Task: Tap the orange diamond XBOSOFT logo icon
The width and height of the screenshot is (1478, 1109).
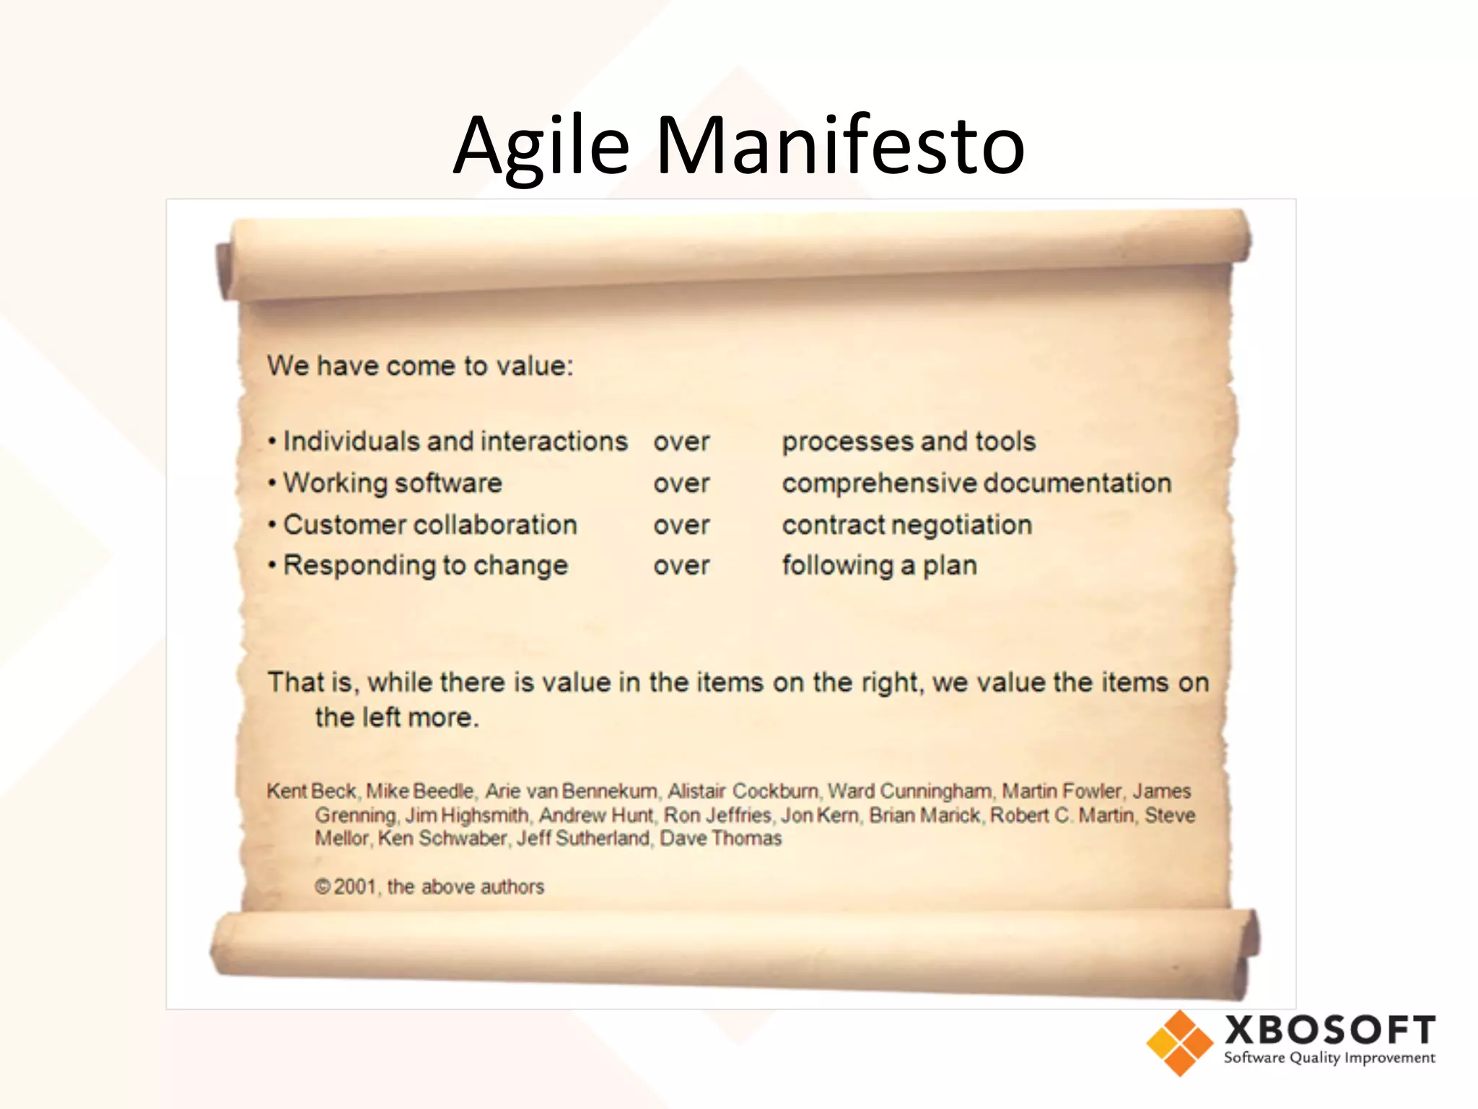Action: (1179, 1043)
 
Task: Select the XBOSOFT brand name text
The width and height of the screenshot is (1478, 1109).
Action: (1329, 1030)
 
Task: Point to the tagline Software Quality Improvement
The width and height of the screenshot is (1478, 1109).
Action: (1329, 1058)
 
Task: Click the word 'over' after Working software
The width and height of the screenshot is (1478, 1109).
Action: (681, 483)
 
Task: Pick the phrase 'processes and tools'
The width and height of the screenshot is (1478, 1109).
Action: (909, 441)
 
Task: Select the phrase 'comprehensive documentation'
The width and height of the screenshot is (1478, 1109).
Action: (976, 483)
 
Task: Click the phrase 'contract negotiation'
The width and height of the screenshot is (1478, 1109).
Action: (907, 525)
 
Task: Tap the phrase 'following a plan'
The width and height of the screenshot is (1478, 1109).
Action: (879, 565)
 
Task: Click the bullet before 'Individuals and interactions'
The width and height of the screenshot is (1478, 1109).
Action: (272, 442)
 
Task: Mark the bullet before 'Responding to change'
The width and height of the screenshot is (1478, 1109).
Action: (272, 565)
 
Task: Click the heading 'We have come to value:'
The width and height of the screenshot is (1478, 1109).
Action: (420, 366)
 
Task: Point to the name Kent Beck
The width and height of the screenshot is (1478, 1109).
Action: (312, 791)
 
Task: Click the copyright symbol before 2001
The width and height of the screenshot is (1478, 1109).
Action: (323, 887)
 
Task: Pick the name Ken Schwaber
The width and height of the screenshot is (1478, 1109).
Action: (442, 838)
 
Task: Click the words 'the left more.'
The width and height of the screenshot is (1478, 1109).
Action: (396, 718)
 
